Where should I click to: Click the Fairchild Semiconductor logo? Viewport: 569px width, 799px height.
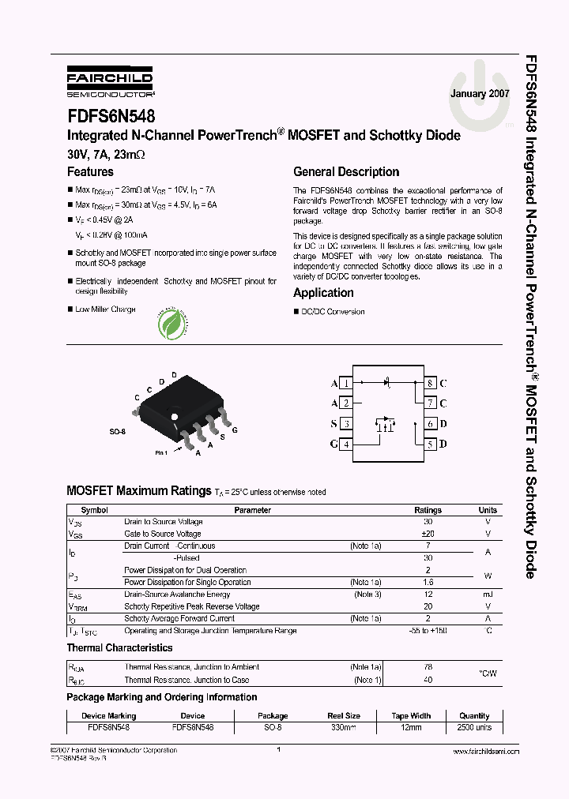pyautogui.click(x=109, y=81)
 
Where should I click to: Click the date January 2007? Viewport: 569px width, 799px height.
pyautogui.click(x=480, y=93)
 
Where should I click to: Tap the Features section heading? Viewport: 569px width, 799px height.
pyautogui.click(x=90, y=172)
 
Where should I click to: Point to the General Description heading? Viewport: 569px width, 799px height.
pyautogui.click(x=346, y=172)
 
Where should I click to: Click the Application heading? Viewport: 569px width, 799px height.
pyautogui.click(x=323, y=293)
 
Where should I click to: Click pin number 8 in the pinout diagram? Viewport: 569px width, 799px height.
pyautogui.click(x=430, y=383)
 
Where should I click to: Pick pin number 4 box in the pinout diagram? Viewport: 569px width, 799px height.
pyautogui.click(x=345, y=444)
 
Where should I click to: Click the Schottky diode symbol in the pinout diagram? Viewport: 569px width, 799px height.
pyautogui.click(x=388, y=382)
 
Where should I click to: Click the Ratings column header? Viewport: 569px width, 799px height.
pyautogui.click(x=428, y=510)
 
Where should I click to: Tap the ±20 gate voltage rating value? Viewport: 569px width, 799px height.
pyautogui.click(x=428, y=534)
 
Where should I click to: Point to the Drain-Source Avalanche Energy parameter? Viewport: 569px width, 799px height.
pyautogui.click(x=177, y=595)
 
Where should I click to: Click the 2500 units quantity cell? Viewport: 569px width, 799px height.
pyautogui.click(x=474, y=727)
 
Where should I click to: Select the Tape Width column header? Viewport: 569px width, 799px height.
pyautogui.click(x=411, y=716)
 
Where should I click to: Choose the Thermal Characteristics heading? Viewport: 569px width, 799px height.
pyautogui.click(x=119, y=648)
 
